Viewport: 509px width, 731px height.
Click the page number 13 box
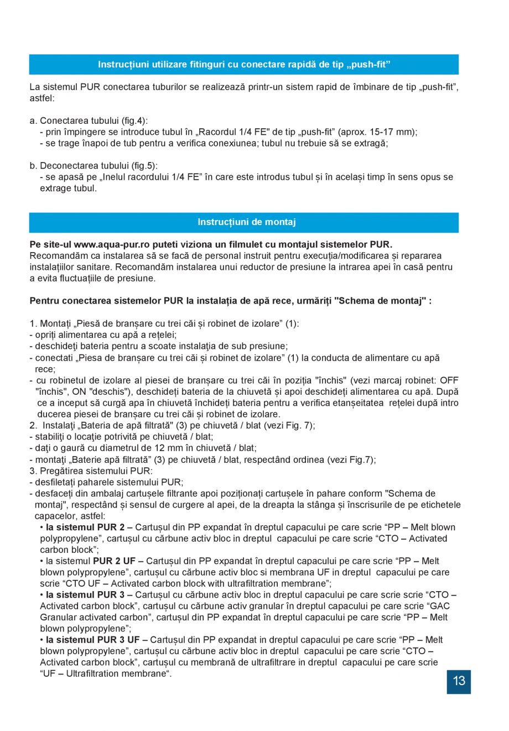pyautogui.click(x=459, y=681)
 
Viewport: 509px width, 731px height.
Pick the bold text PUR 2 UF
pyautogui.click(x=114, y=561)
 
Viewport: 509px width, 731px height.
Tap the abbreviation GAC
pyautogui.click(x=439, y=606)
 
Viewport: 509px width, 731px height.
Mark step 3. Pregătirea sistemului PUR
pyautogui.click(x=91, y=471)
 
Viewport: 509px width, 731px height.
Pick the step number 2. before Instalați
pyautogui.click(x=33, y=426)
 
